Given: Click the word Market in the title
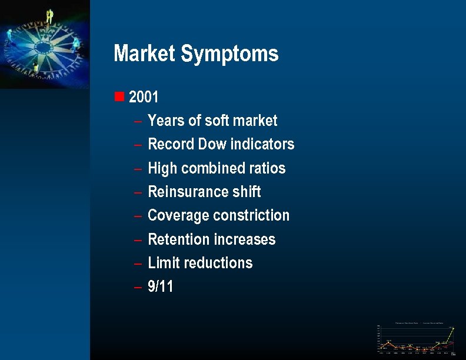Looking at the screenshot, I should point(145,54).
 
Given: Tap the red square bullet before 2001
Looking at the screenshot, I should point(119,96).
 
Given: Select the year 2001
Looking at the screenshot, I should point(144,96).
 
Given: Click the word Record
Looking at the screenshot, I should point(171,144).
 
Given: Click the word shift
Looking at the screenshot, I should point(247,192).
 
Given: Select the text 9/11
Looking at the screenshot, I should point(161,287).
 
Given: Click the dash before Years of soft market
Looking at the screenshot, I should point(137,121).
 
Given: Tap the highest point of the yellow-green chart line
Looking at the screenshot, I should point(453,328).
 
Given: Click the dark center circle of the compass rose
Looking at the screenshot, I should point(45,45).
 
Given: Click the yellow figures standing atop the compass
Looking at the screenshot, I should point(50,16).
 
